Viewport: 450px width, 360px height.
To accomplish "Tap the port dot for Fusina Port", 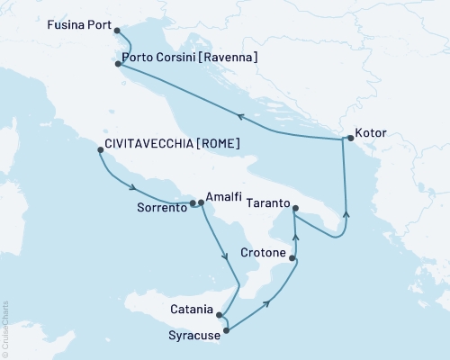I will tap(118, 30).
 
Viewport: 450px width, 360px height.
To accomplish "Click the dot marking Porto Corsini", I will tap(118, 64).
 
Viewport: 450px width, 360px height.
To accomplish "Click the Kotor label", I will tap(372, 132).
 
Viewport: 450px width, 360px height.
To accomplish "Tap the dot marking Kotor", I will tap(350, 139).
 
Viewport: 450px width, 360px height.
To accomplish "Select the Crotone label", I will tap(264, 255).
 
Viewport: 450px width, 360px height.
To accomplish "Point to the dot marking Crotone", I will tap(292, 258).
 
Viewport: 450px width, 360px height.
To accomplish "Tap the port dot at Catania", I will tap(219, 314).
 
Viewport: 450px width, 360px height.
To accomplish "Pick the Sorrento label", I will tap(161, 206).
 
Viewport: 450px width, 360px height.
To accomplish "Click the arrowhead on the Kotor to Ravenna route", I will tap(239, 115).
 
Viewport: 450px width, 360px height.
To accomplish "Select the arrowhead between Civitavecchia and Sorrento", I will tap(132, 188).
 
